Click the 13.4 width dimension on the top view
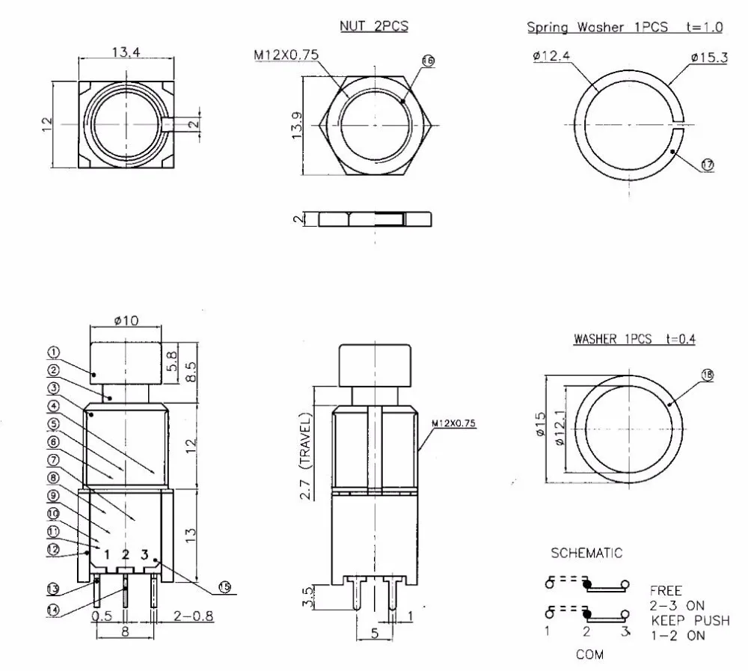126,52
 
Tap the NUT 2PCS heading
374,25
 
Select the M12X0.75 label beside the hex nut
286,55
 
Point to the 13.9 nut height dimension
297,126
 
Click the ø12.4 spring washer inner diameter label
551,56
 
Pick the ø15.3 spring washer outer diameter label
709,58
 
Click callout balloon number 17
707,165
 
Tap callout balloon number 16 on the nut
428,61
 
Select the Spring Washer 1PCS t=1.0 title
625,27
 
